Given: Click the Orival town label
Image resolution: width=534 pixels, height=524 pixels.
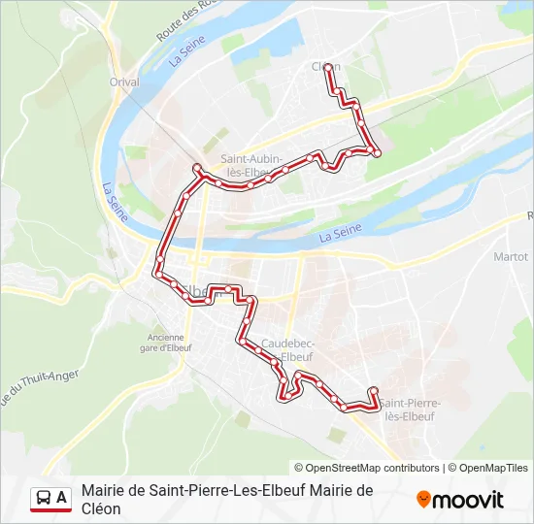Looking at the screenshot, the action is click(124, 82).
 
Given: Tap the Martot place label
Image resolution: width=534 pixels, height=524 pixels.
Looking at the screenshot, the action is click(511, 257).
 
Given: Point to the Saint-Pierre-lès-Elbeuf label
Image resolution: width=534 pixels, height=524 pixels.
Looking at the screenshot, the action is click(410, 409).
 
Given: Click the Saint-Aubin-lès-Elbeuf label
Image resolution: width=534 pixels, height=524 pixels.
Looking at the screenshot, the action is click(251, 166).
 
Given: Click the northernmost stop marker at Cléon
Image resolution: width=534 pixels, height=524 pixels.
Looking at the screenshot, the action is click(328, 67).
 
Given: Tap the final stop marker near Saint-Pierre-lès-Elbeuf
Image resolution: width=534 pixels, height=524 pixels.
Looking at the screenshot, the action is click(373, 391).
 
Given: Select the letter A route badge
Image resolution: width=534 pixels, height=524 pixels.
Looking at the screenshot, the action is click(62, 498).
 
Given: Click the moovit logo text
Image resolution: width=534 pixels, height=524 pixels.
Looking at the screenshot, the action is click(468, 500).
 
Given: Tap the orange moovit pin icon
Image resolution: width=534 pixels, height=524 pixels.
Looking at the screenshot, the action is click(423, 500).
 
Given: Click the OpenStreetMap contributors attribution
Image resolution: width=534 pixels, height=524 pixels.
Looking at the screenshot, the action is click(367, 468).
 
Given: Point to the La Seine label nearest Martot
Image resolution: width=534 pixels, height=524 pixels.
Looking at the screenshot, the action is click(339, 233).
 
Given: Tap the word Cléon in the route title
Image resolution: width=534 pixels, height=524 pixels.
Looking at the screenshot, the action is click(102, 508).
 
